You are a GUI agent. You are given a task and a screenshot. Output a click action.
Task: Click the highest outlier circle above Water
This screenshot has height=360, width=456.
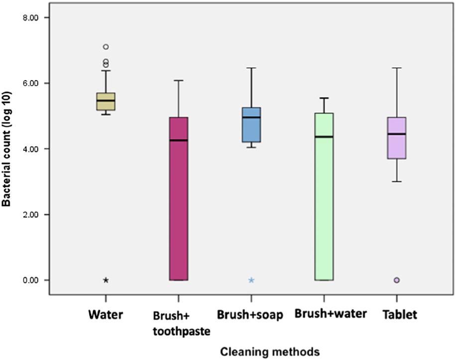106,47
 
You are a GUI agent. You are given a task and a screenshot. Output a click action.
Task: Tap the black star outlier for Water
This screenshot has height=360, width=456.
106,280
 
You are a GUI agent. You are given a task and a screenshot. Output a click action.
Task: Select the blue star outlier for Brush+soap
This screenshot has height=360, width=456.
251,280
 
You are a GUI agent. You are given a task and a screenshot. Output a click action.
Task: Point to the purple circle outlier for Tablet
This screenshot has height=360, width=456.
397,280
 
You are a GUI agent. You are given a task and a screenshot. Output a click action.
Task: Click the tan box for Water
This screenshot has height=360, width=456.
106,102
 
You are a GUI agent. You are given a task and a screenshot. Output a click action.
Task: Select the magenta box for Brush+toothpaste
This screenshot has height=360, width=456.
179,199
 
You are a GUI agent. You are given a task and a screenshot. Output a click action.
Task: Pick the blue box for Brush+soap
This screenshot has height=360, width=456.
251,125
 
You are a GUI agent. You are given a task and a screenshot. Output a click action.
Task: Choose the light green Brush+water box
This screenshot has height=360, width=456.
324,197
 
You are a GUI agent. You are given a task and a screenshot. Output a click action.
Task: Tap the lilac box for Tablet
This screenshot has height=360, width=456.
397,138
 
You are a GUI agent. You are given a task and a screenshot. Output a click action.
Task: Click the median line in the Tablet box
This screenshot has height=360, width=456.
397,134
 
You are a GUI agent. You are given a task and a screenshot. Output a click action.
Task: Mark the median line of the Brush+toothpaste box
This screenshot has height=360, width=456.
179,140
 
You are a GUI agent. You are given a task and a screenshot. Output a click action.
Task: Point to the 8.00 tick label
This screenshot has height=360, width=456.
30,18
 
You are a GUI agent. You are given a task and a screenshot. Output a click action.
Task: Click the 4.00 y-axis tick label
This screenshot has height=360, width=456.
30,149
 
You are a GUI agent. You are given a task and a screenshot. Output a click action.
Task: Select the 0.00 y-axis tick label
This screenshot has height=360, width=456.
30,280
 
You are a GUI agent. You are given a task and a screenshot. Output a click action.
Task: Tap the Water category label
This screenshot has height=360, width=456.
106,315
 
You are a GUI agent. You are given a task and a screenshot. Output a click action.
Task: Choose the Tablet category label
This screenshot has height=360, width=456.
400,315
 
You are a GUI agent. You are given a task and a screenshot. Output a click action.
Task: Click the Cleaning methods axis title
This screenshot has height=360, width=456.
270,352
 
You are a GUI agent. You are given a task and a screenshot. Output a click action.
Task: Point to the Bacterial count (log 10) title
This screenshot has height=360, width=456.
6,149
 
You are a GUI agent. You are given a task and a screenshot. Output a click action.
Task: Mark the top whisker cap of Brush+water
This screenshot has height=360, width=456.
324,98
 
